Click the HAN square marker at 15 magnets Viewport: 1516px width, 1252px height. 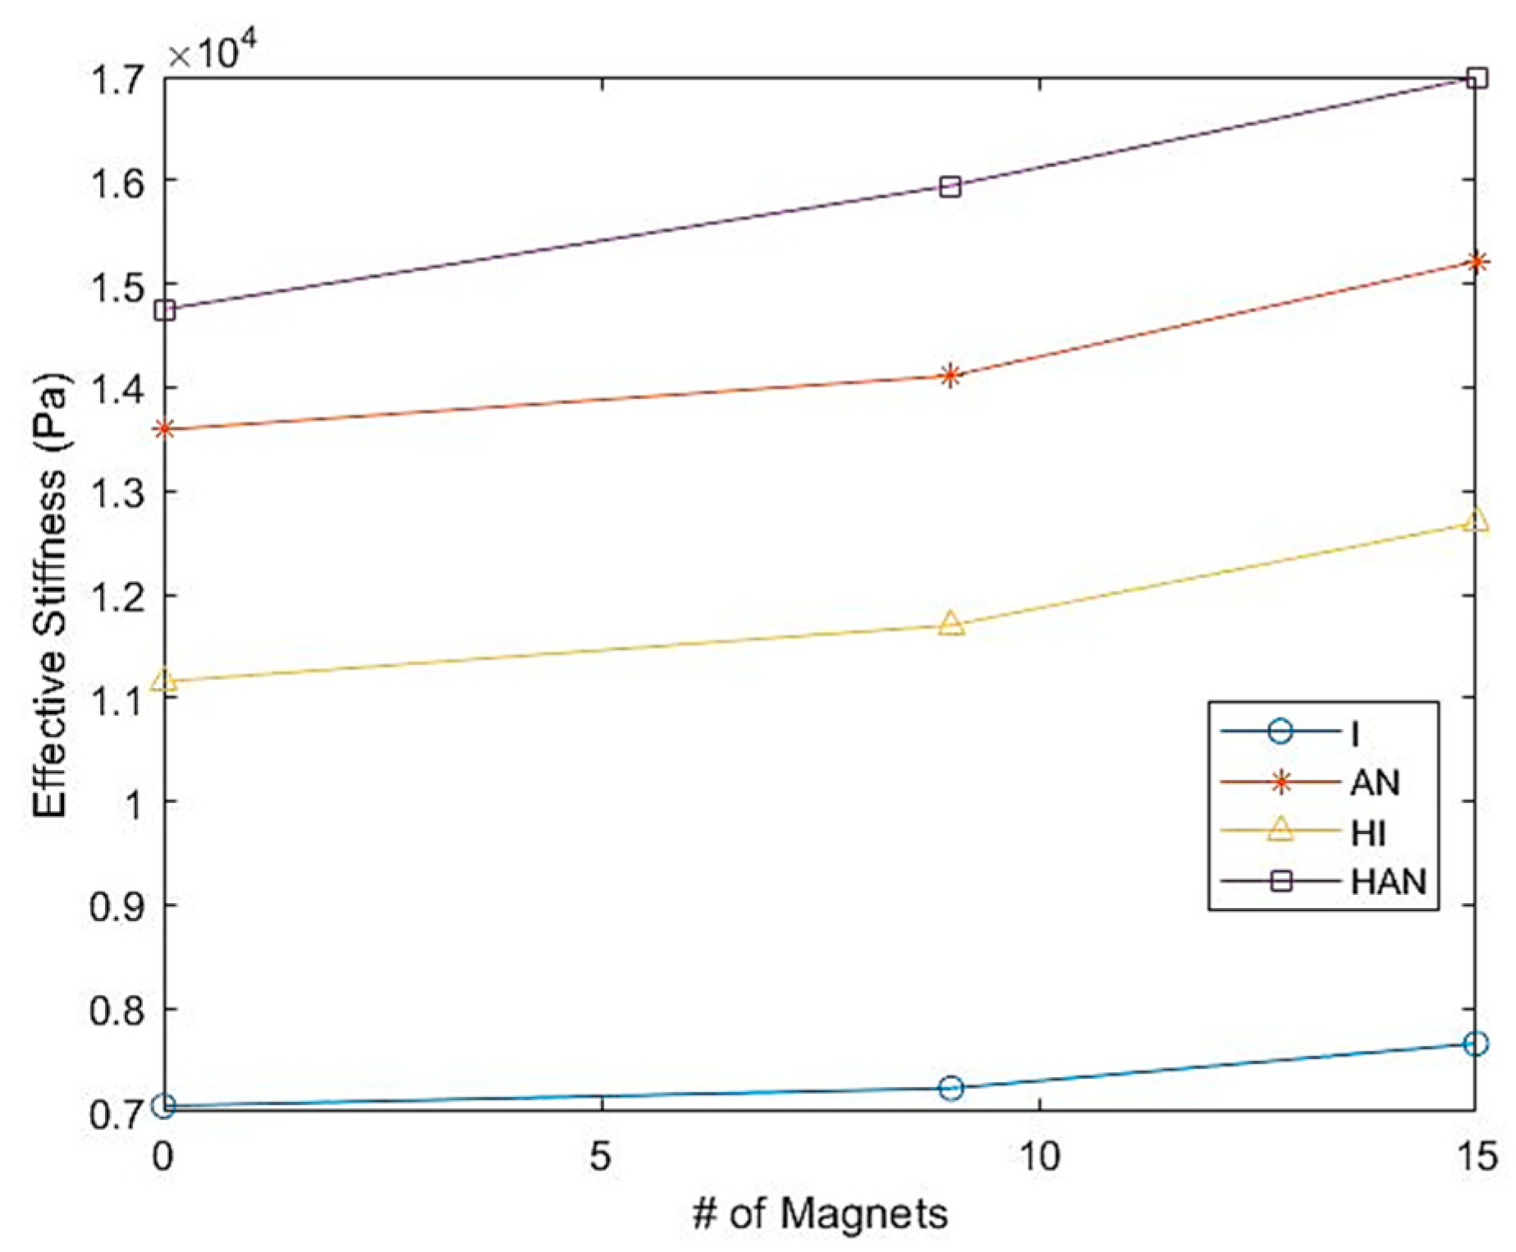pyautogui.click(x=1477, y=79)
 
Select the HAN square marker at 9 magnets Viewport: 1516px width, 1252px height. pyautogui.click(x=950, y=186)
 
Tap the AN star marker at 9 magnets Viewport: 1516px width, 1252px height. pyautogui.click(x=950, y=377)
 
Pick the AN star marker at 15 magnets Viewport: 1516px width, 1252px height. pyautogui.click(x=1477, y=263)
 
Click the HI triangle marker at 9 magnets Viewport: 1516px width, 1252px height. pyautogui.click(x=950, y=623)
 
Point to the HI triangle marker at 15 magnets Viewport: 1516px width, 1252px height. pyautogui.click(x=1477, y=520)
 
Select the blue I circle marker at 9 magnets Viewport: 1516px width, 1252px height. pyautogui.click(x=950, y=1089)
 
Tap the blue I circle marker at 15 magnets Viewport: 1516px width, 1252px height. pyautogui.click(x=1477, y=1044)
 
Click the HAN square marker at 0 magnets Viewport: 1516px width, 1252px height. pyautogui.click(x=165, y=310)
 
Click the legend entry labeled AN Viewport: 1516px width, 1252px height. pyautogui.click(x=1375, y=782)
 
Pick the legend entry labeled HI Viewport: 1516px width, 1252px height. pyautogui.click(x=1367, y=832)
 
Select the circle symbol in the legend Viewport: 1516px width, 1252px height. pyautogui.click(x=1280, y=731)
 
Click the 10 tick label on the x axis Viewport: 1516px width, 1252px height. pyautogui.click(x=1039, y=1158)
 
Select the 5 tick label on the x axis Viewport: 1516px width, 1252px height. pyautogui.click(x=602, y=1158)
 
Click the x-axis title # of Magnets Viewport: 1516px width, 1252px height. pyautogui.click(x=820, y=1213)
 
